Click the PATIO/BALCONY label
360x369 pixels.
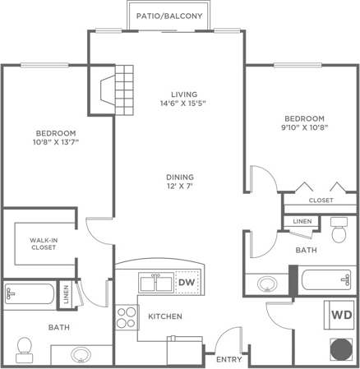coord(165,15)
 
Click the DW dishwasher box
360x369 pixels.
coord(187,284)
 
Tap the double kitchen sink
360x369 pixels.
coord(156,284)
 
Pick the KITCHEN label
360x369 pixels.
coord(164,316)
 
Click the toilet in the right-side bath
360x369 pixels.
coord(339,232)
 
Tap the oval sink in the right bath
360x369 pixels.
coord(267,284)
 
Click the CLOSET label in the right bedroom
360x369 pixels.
coord(321,200)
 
